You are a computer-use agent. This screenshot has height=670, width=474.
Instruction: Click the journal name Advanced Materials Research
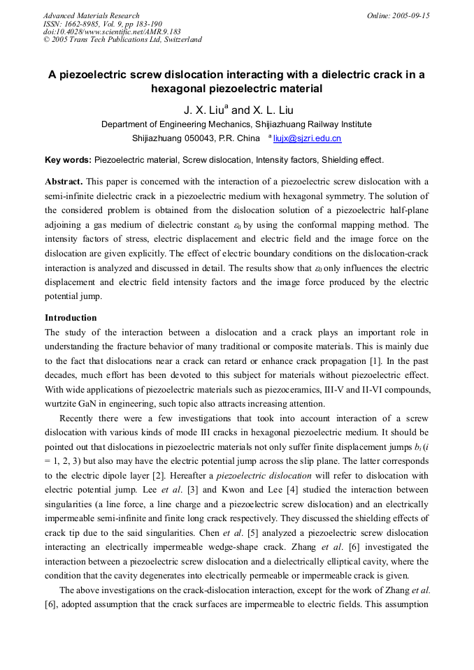(91, 15)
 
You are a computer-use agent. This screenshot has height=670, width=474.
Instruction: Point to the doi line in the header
(112, 31)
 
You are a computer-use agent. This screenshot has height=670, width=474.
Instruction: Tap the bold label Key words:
(68, 160)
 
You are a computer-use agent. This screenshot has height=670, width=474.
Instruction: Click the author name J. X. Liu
(203, 110)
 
